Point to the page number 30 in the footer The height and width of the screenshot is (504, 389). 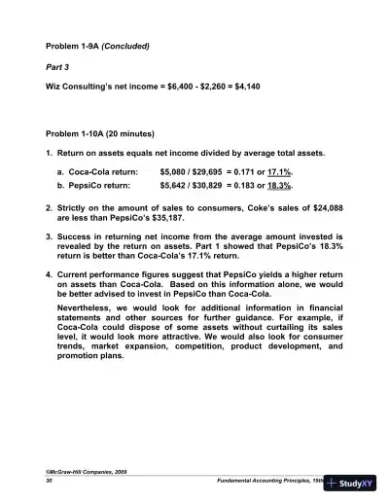[50, 482]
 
